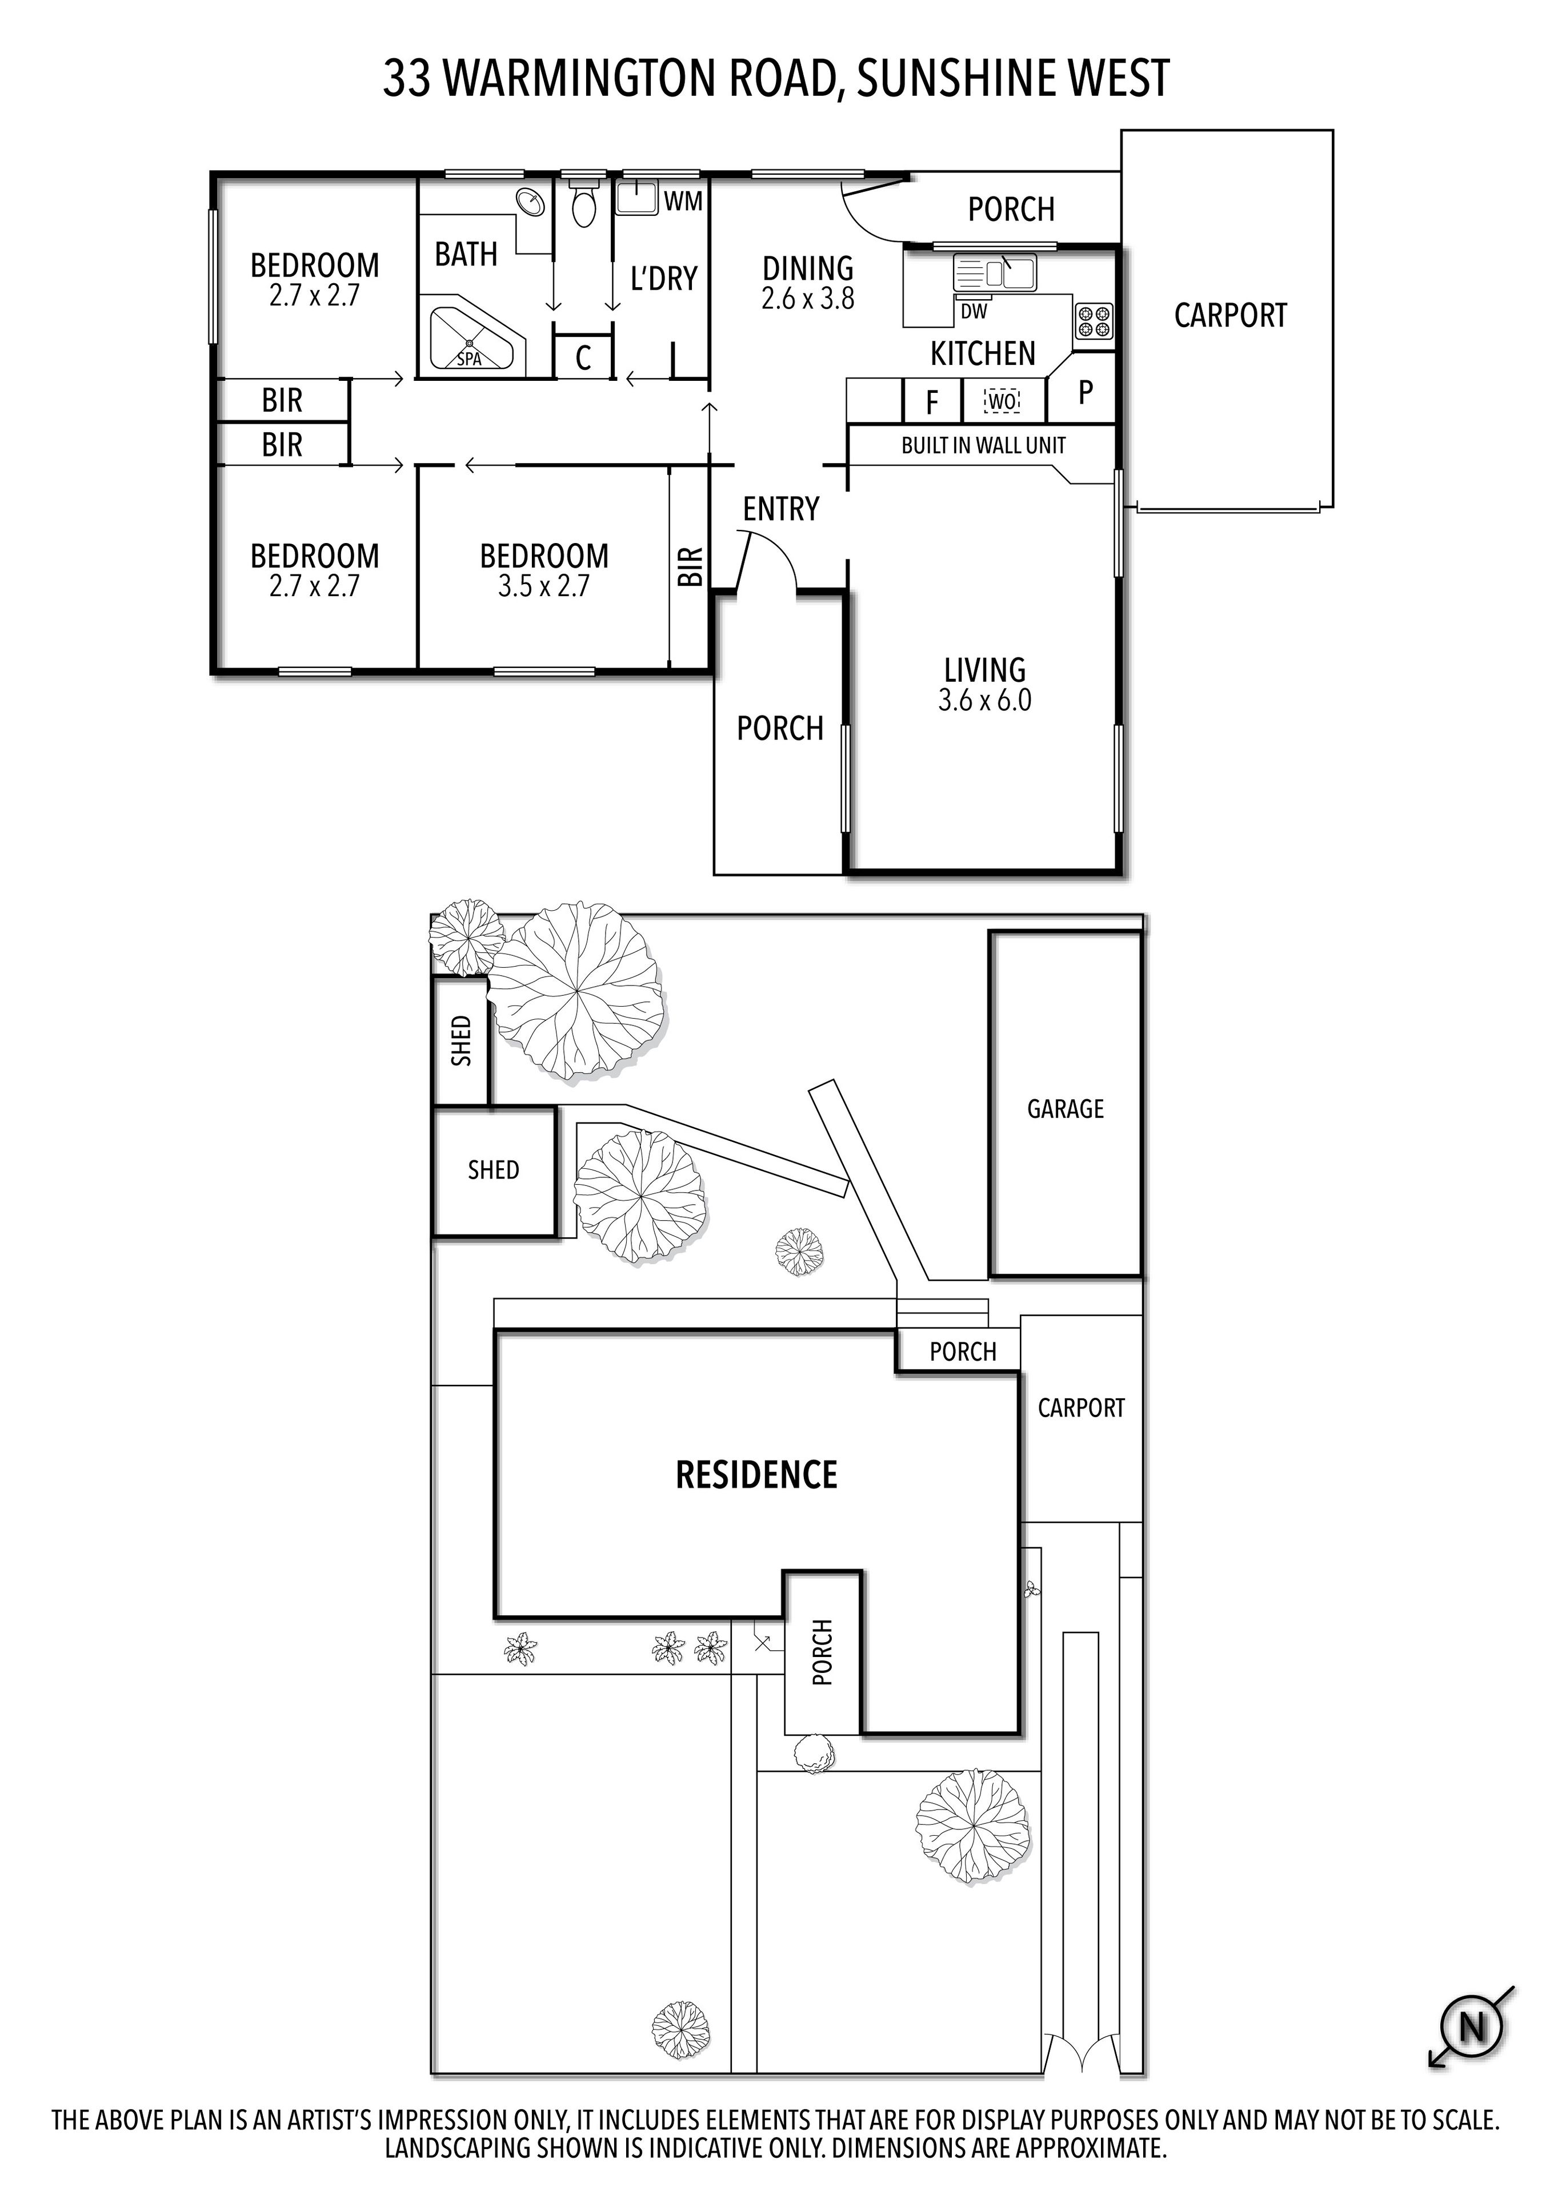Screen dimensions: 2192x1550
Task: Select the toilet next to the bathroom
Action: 583,202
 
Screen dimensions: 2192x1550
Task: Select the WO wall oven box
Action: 1002,401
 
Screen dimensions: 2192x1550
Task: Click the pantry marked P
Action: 1085,392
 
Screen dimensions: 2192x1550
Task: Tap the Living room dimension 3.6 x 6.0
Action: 984,701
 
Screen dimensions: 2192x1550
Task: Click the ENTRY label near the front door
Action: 780,509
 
